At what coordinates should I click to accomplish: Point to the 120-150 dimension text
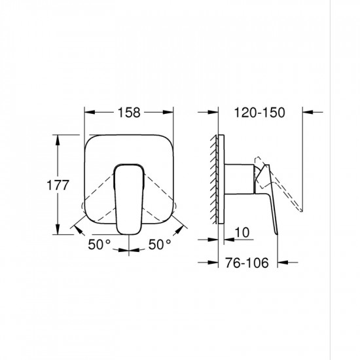[x=260, y=112]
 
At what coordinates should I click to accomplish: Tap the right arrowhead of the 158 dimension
[x=173, y=112]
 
